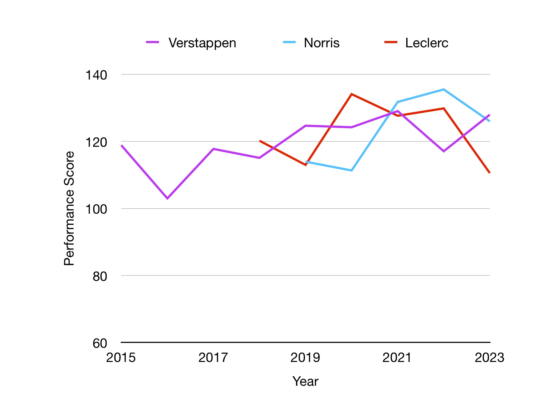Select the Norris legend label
click(x=321, y=43)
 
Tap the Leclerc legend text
click(x=426, y=43)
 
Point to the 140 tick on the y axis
click(x=96, y=75)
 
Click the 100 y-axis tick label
click(x=96, y=209)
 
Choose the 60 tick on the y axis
click(x=100, y=343)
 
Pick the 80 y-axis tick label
click(x=100, y=276)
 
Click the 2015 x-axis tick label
click(x=121, y=358)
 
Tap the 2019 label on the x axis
click(x=305, y=358)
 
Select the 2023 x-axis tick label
click(x=489, y=358)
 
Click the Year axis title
click(x=305, y=381)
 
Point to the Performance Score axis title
click(x=69, y=208)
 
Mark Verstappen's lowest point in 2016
click(x=167, y=198)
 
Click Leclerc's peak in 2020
click(x=351, y=94)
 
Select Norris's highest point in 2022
click(x=443, y=89)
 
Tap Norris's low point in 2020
click(x=351, y=171)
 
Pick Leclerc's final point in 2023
click(x=489, y=172)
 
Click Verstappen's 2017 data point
click(x=213, y=149)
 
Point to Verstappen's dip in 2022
click(x=443, y=151)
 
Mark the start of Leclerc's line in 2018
click(x=260, y=141)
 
